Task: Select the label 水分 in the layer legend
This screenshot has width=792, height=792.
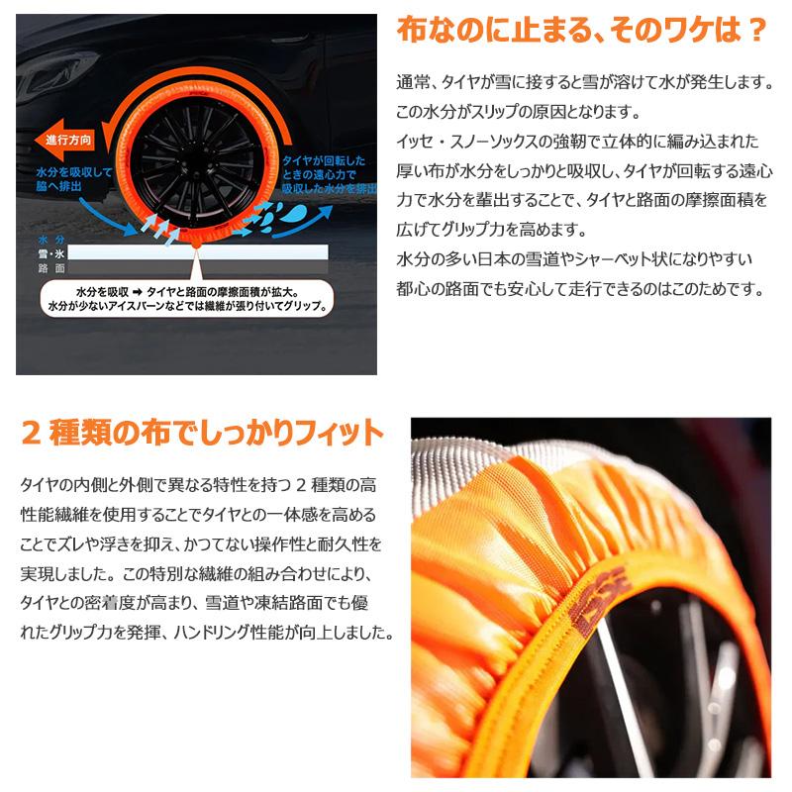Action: (50, 241)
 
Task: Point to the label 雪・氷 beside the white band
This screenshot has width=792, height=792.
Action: (50, 253)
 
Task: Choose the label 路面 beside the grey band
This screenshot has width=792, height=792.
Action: (50, 267)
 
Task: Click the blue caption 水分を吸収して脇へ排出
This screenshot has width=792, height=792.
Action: (64, 179)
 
